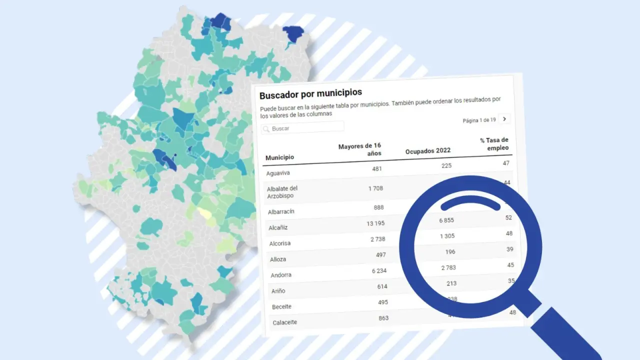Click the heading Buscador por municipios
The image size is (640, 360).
click(310, 93)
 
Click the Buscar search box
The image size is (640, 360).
click(302, 128)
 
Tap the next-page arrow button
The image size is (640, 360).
click(504, 119)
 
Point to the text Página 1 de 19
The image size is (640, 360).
click(479, 120)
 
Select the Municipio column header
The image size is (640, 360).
click(279, 157)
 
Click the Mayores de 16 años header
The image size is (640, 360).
click(360, 149)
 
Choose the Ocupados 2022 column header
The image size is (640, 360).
click(427, 150)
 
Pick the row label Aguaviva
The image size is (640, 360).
click(278, 173)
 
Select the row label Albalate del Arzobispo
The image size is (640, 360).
click(282, 192)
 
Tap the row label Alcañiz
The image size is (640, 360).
click(277, 227)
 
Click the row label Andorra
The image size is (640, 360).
click(280, 275)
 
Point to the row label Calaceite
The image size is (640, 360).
click(284, 322)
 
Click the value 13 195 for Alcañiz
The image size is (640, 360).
click(376, 223)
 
